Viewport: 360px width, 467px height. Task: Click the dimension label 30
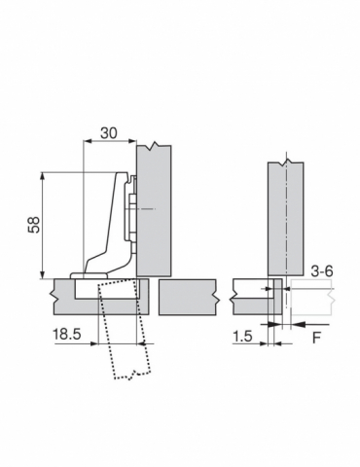coord(109,133)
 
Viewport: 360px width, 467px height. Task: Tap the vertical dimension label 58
coord(34,225)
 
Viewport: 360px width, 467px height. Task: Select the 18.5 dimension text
coord(67,334)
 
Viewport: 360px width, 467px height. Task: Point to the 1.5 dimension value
coord(242,336)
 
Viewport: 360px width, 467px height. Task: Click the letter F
coord(316,339)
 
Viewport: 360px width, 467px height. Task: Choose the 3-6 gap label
coord(322,271)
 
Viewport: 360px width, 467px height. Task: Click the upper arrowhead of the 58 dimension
coord(42,177)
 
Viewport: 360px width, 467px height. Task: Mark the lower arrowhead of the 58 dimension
coord(42,274)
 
